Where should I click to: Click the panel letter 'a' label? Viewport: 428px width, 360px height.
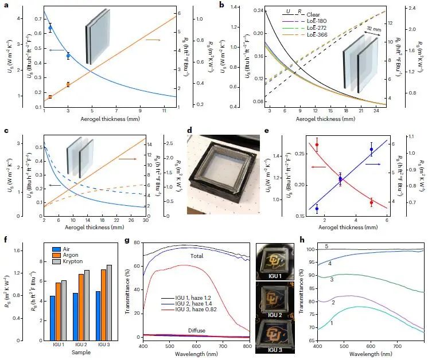[x=4, y=4]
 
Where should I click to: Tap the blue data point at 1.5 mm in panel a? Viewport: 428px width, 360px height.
[x=50, y=28]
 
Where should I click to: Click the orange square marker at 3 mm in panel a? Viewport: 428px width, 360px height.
[x=68, y=84]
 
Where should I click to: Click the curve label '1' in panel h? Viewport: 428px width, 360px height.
[x=331, y=324]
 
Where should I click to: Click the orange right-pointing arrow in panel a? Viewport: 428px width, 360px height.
[x=151, y=40]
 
